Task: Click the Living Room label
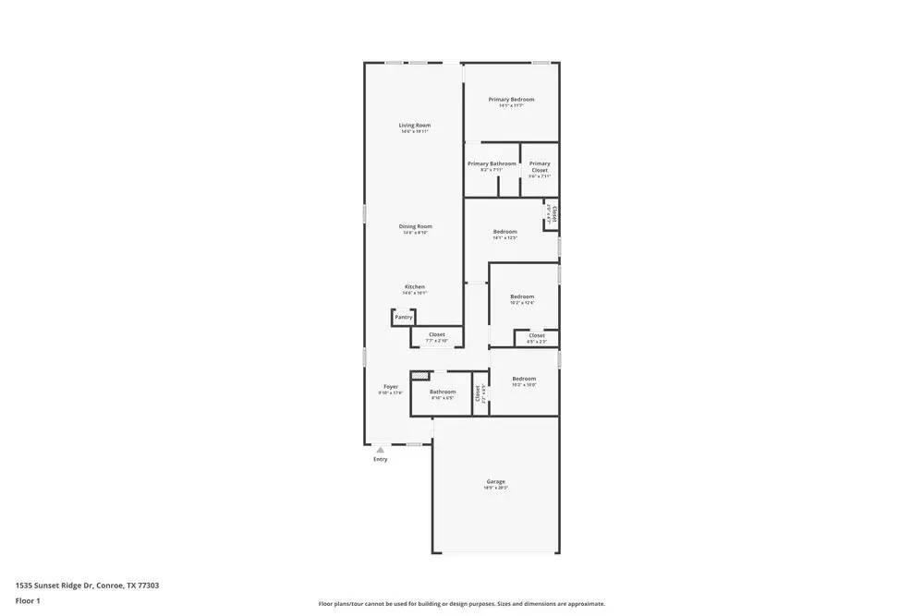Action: coord(415,126)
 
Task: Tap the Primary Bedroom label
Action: coord(511,100)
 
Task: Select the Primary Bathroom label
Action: coord(492,163)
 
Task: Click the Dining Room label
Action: coord(415,226)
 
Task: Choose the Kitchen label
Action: coord(415,287)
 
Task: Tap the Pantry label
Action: coord(404,317)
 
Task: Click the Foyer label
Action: coord(391,387)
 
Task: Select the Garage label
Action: coord(496,482)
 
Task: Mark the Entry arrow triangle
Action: coord(380,450)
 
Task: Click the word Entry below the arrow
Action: coord(381,459)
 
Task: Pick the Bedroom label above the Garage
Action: coord(524,379)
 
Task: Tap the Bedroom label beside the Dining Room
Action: coord(505,232)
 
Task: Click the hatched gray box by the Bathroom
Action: coord(420,376)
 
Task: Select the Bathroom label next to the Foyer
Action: coord(443,392)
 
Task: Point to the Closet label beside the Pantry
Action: coord(436,334)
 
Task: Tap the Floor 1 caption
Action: coord(28,600)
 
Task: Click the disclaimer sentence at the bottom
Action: coord(462,603)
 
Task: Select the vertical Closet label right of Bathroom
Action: coord(478,394)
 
